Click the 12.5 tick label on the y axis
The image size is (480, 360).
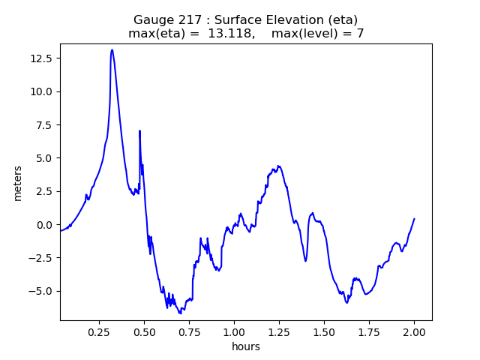coord(42,58)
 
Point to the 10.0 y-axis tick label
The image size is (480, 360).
coord(42,91)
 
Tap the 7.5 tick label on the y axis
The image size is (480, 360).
coord(45,124)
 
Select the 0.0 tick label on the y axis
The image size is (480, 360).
coord(45,225)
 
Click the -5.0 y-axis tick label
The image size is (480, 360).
coord(42,291)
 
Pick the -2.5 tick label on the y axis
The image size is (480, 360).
coord(42,258)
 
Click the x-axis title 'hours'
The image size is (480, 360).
coord(246,347)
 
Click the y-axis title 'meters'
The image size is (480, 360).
coord(18,183)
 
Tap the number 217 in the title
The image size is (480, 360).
coord(186,19)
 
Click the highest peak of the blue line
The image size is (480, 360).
coord(112,50)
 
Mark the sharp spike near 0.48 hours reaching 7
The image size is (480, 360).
coord(139,131)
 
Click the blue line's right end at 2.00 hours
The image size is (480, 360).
coord(414,219)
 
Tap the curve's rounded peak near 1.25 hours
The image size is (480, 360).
coord(279,166)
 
